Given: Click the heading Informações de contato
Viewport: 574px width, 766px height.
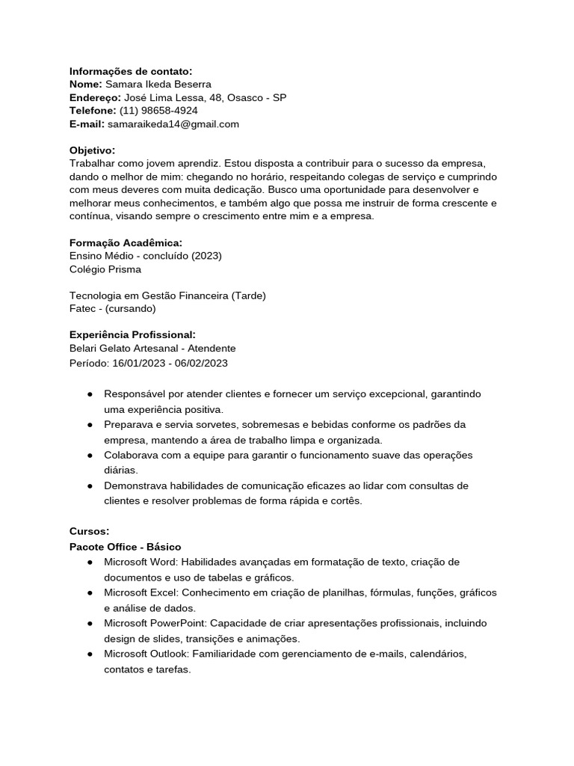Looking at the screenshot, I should point(131,71).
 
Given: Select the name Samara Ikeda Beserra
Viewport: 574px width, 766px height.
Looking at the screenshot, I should point(158,85).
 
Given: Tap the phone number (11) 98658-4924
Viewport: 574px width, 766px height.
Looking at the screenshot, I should point(158,111).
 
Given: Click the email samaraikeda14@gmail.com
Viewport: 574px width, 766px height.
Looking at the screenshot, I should point(173,124).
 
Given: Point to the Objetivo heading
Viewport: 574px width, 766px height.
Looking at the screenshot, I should point(92,150).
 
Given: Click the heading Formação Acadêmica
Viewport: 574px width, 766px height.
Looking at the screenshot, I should point(126,242).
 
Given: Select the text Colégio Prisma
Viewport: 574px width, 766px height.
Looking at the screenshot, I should point(105,269).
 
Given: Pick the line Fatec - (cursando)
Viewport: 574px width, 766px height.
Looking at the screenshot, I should point(113,308).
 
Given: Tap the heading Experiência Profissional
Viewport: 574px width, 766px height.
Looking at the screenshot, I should point(132,334).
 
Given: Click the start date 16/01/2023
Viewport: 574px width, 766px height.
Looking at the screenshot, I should point(139,363).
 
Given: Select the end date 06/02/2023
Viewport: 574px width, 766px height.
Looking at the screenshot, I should point(201,363).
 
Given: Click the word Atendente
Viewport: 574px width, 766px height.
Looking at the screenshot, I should point(212,349).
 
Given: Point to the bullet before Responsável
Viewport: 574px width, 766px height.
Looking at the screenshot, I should point(90,393).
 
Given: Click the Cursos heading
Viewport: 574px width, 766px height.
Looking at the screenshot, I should point(89,531).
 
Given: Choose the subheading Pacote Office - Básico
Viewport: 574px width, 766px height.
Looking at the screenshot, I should point(125,547).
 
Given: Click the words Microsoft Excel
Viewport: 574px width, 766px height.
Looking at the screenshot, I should point(141,592).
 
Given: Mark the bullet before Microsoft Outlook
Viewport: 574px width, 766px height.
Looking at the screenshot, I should point(90,654).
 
